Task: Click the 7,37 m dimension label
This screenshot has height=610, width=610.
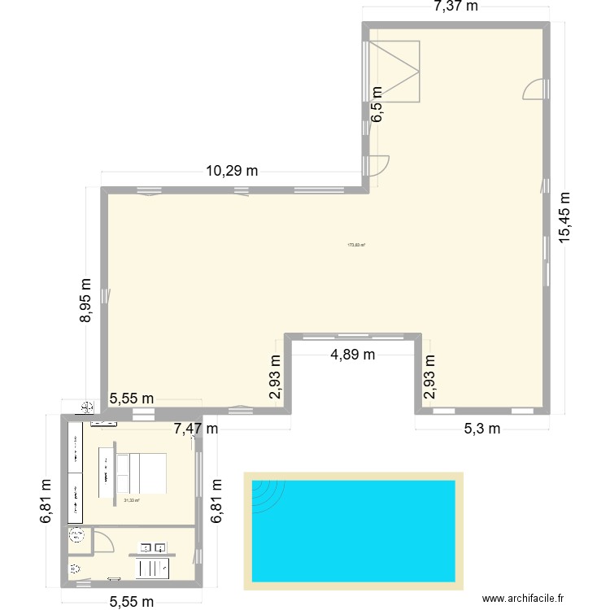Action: click(455, 7)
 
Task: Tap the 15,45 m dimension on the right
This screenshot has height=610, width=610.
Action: click(565, 216)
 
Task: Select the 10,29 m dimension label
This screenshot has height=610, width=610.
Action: click(232, 171)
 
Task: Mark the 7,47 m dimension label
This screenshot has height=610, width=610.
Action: click(195, 428)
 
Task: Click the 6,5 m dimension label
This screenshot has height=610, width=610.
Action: click(377, 104)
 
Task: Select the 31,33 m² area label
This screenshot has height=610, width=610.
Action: click(132, 501)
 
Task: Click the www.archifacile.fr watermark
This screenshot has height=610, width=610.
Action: click(522, 598)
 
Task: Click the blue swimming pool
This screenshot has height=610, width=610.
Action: click(353, 530)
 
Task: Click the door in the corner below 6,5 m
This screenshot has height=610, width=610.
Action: click(377, 164)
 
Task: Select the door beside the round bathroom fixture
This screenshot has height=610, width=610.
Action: click(102, 541)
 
